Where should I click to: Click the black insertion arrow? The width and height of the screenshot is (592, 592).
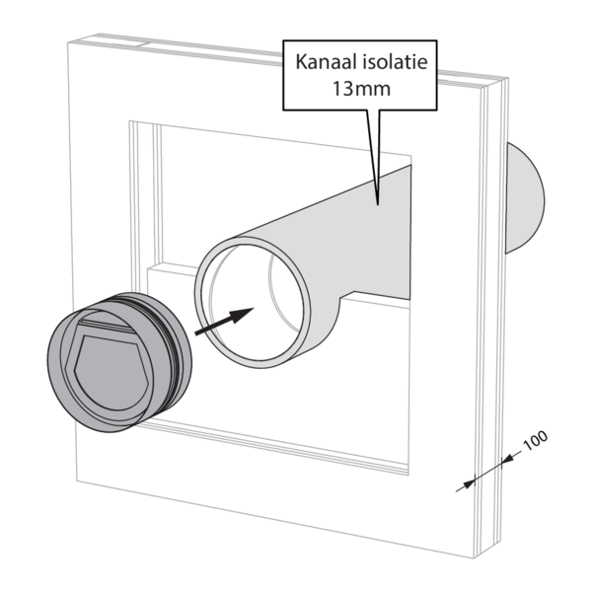[225, 322]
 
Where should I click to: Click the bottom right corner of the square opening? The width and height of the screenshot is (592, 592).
[407, 472]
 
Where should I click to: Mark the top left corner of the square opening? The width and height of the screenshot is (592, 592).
[131, 121]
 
